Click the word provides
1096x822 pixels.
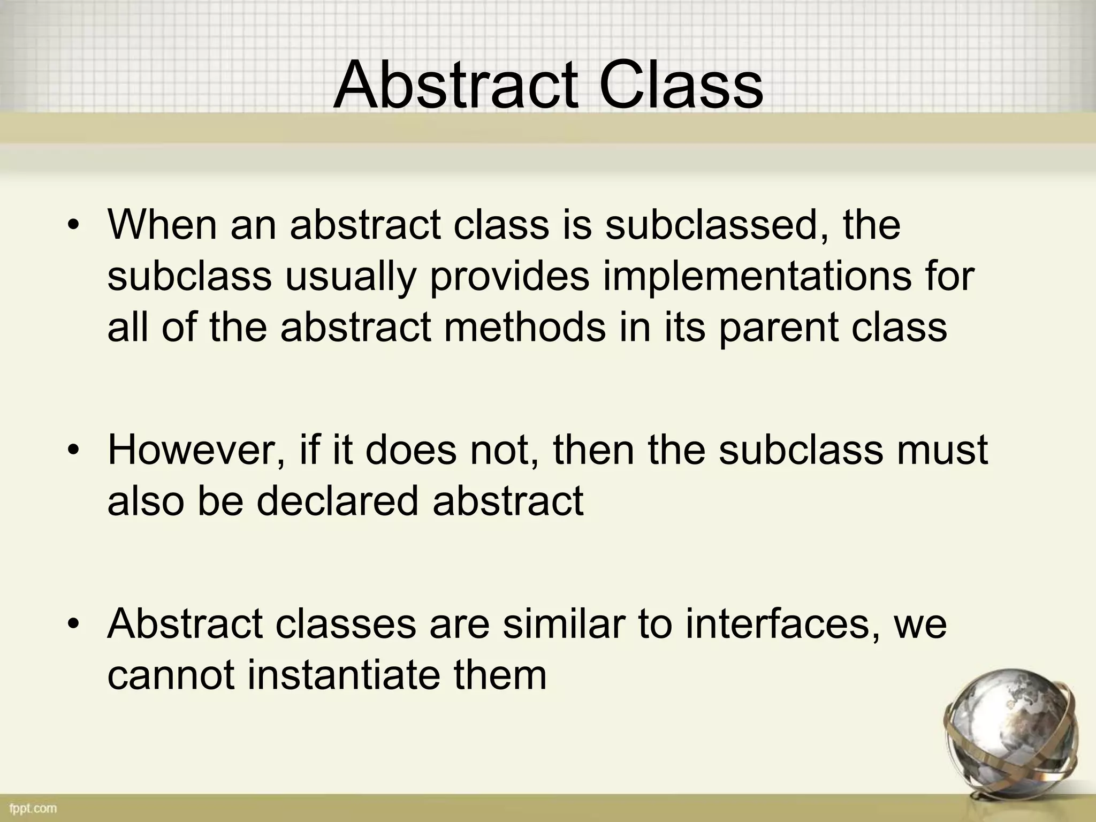[509, 277]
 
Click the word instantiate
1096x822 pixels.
[343, 675]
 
